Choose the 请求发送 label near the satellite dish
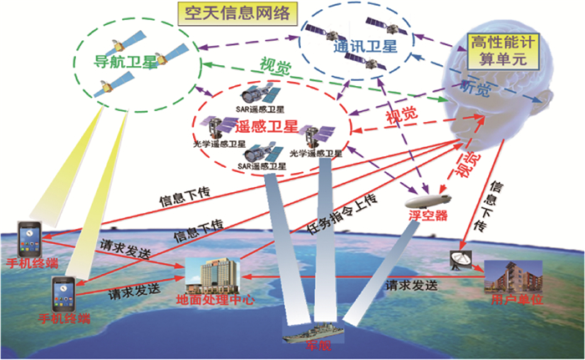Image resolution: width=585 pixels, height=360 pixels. point(411,285)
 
